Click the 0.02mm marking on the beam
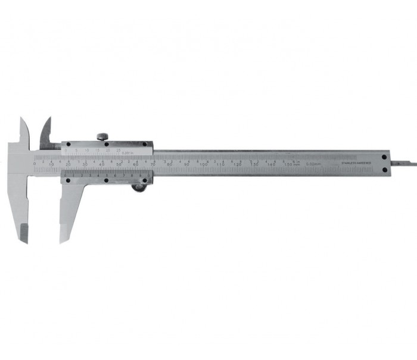tap(313, 163)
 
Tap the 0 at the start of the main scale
tap(35, 163)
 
